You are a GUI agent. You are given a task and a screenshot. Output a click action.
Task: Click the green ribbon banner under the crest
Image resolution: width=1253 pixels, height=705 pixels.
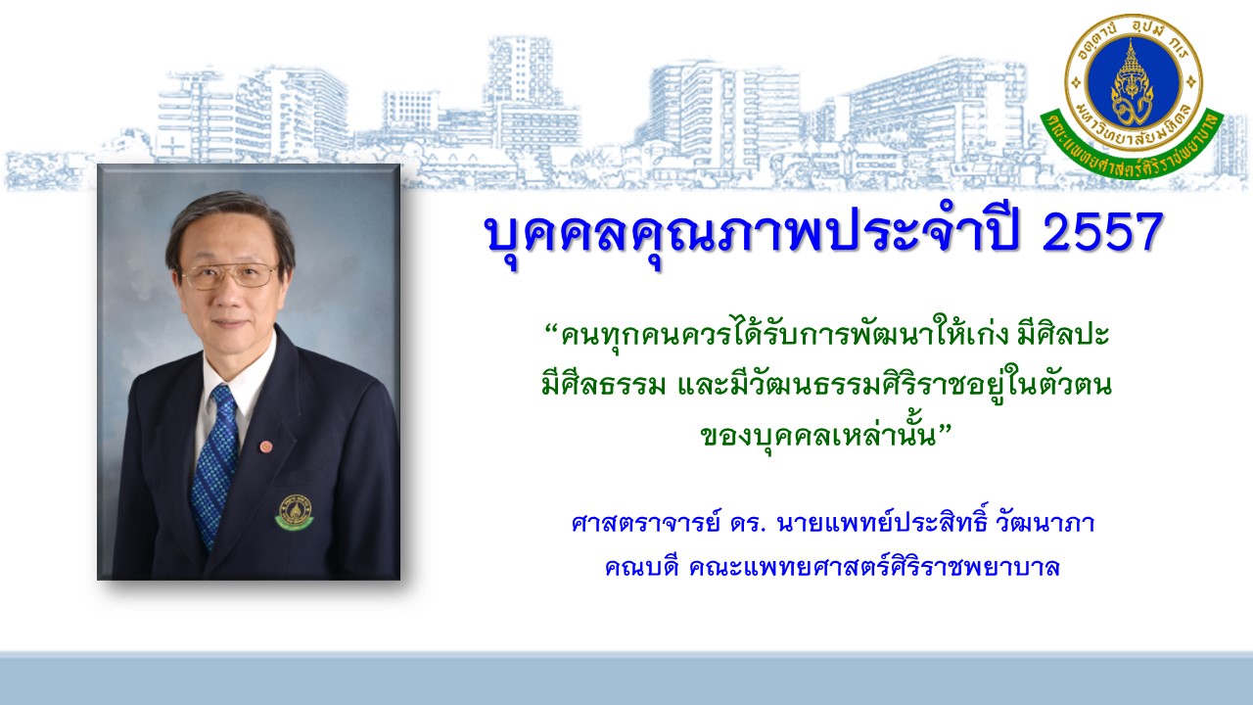[x=1134, y=147]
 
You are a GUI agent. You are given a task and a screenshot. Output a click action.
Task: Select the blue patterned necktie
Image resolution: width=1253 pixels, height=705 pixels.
[x=215, y=464]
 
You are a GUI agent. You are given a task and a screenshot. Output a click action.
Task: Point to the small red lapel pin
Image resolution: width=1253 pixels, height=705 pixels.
[x=265, y=446]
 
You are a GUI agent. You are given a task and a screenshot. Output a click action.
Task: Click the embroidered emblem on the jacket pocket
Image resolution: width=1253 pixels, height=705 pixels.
[x=295, y=512]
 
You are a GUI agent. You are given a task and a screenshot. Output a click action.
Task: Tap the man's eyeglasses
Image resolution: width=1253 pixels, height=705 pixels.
[x=230, y=275]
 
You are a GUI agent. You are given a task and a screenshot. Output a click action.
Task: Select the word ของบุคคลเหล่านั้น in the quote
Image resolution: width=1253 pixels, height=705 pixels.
[x=818, y=436]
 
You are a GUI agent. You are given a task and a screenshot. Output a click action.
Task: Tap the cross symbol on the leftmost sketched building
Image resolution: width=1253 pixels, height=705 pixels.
[x=175, y=146]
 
